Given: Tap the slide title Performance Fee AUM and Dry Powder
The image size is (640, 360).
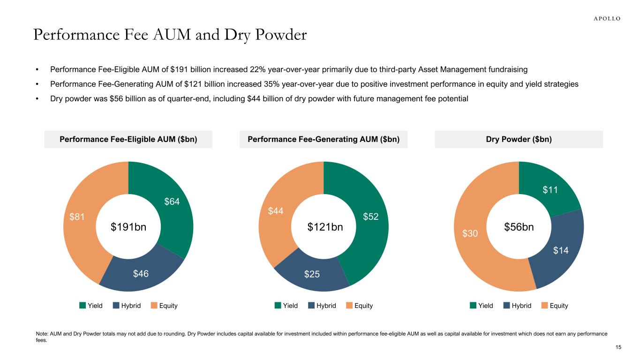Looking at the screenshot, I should click(x=170, y=35).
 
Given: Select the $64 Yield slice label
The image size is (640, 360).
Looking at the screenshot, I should click(x=172, y=202).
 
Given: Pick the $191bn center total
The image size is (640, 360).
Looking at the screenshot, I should click(x=128, y=227).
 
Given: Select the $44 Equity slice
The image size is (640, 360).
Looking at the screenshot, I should click(x=276, y=212).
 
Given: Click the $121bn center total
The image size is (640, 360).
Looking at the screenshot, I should click(x=324, y=227).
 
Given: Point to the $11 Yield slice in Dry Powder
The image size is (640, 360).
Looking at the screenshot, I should click(x=550, y=189).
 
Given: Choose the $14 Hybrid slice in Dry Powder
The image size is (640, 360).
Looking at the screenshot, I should click(x=561, y=251).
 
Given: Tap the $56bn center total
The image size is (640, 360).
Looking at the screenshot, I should click(x=519, y=227).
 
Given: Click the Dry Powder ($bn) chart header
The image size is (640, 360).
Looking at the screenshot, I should click(x=519, y=139).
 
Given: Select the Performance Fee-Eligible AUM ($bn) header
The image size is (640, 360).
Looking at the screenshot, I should click(x=128, y=139).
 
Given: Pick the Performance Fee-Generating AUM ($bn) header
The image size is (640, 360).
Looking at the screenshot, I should click(x=324, y=139).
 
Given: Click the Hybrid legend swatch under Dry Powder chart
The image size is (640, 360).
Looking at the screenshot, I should click(x=507, y=306).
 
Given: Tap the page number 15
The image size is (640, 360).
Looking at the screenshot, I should click(x=618, y=347).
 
